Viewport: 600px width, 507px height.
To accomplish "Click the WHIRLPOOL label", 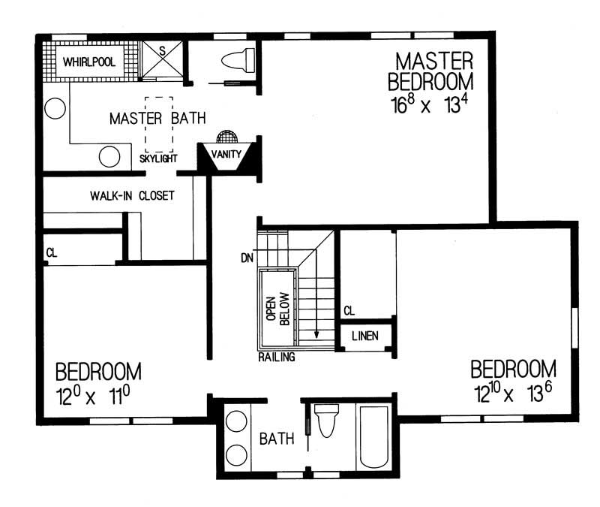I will pyautogui.click(x=88, y=62).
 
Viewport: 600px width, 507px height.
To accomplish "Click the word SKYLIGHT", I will pyautogui.click(x=158, y=159).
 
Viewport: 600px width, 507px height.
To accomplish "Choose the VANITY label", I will pyautogui.click(x=226, y=154).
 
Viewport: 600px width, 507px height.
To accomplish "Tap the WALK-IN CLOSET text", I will pyautogui.click(x=132, y=196).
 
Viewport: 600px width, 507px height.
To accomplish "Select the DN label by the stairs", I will pyautogui.click(x=247, y=258).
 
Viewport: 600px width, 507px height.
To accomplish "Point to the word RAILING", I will pyautogui.click(x=277, y=358).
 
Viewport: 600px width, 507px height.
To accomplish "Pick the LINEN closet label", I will pyautogui.click(x=364, y=336).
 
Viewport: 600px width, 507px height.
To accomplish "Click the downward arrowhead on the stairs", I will pyautogui.click(x=317, y=335).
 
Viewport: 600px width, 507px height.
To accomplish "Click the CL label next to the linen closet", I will pyautogui.click(x=349, y=310).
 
